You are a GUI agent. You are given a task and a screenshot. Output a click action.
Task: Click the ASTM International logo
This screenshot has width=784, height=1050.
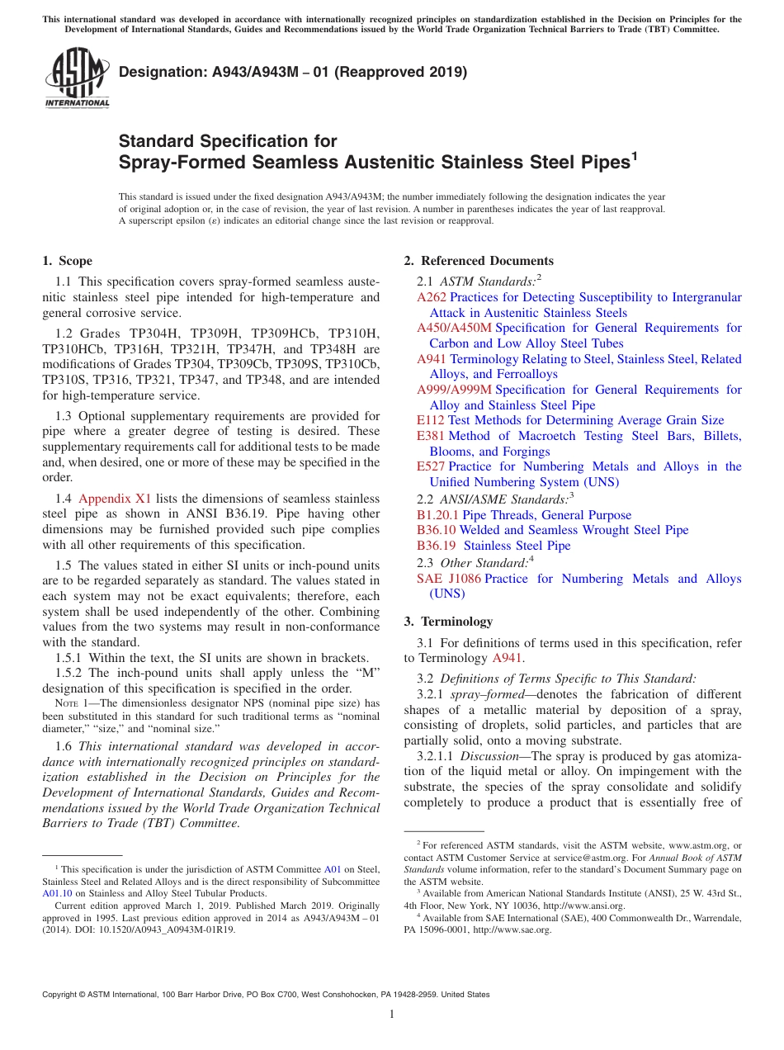(77, 78)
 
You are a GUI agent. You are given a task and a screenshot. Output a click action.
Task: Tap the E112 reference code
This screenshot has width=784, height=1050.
(431, 420)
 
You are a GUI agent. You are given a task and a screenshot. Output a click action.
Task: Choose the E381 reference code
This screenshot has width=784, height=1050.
(431, 436)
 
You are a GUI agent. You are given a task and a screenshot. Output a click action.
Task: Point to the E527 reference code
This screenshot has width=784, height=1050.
(431, 466)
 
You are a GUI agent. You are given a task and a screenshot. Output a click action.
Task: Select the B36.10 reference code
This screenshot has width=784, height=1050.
(436, 530)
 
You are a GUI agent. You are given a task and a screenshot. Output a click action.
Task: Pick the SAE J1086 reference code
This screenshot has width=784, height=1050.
(449, 579)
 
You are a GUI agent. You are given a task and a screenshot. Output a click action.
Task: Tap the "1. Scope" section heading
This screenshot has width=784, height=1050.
(67, 261)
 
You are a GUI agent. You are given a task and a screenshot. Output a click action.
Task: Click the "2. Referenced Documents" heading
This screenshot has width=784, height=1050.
(479, 261)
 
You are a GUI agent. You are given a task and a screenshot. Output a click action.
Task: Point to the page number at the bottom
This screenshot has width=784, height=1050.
(392, 1015)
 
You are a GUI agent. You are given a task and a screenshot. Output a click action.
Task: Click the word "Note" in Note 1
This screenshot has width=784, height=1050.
(54, 702)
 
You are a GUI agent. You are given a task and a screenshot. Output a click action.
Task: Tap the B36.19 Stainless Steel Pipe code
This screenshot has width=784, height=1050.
(436, 546)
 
